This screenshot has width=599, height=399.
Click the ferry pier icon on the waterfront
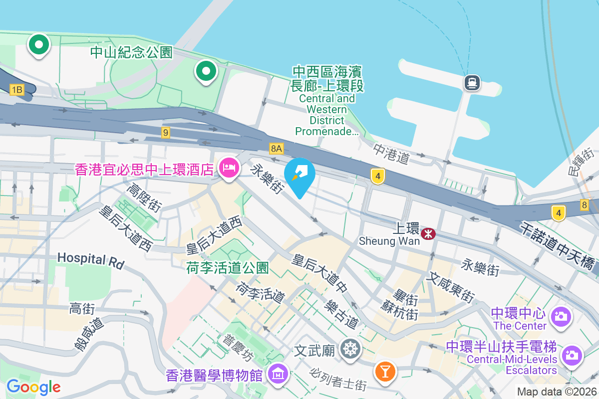point(472,83)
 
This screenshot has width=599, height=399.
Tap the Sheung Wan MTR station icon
point(428,233)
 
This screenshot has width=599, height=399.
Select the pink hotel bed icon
point(229,169)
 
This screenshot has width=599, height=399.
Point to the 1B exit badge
point(17,90)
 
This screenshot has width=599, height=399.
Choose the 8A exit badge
point(276,148)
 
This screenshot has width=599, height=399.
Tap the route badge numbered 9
point(166,132)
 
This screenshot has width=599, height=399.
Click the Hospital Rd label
point(90,259)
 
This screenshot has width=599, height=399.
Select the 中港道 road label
point(391,154)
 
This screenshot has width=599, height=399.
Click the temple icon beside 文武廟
point(351,348)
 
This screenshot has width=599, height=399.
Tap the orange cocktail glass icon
point(385,371)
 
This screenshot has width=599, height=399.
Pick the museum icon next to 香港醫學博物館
point(277,373)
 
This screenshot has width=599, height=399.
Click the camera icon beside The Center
point(561,316)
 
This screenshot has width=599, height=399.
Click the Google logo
point(33,387)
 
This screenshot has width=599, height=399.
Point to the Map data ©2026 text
point(556,392)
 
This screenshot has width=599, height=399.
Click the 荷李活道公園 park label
point(228,268)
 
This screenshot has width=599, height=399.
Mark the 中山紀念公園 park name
point(131,52)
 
